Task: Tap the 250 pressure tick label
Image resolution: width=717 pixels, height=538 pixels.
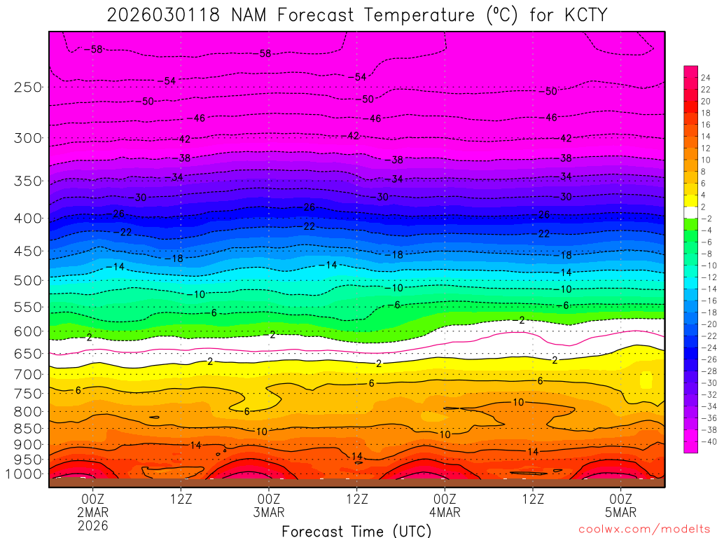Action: coord(28,87)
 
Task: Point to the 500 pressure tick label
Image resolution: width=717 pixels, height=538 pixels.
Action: coord(28,280)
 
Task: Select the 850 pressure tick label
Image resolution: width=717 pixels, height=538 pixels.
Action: coord(28,428)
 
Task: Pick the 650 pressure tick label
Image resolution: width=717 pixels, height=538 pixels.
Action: coord(28,354)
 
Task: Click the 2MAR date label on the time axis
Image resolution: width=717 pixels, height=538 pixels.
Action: coord(93,512)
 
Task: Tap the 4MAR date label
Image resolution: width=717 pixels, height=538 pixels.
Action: coord(445,512)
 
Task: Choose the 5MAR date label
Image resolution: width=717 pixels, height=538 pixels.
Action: coord(621,512)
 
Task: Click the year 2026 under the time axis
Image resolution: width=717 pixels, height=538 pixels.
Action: coord(93,525)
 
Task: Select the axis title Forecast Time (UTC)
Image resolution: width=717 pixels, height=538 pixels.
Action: coord(356,530)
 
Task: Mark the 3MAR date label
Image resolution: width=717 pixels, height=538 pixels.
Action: coord(269,512)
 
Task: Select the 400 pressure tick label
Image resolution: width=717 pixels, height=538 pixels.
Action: coord(28,218)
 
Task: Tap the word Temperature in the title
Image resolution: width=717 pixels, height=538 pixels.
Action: coord(423,14)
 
